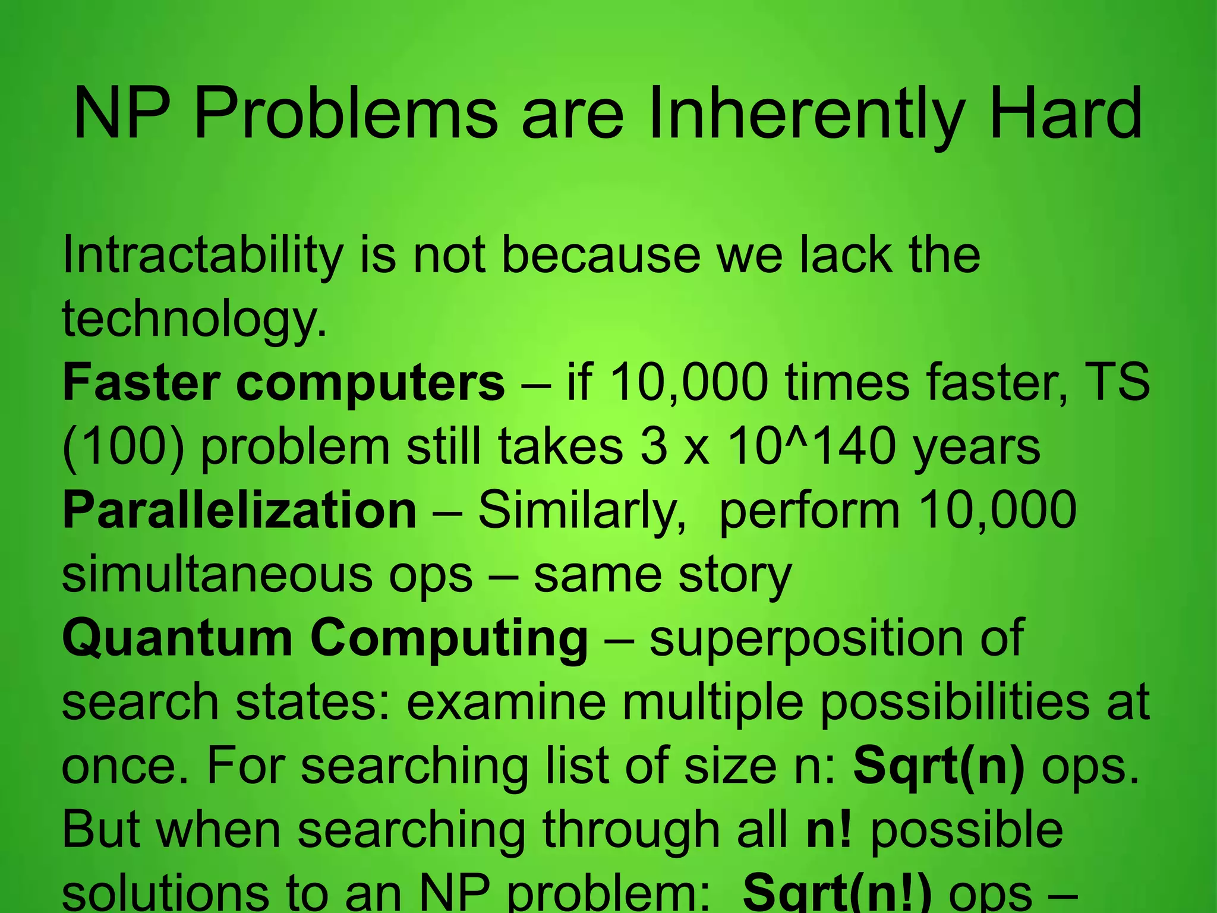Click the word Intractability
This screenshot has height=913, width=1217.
point(203,256)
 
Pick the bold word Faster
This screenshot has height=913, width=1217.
point(141,383)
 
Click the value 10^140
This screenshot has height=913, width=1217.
point(811,447)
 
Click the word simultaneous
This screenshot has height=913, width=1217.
point(217,575)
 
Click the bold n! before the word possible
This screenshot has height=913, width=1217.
point(829,831)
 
